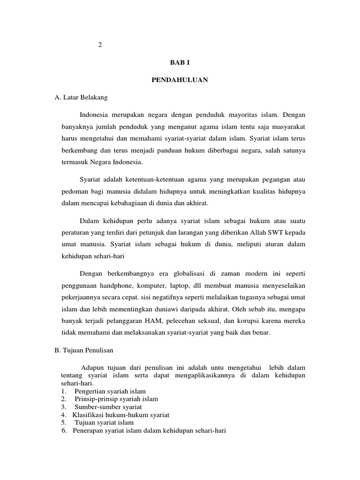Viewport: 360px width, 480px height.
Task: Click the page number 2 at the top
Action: [x=99, y=45]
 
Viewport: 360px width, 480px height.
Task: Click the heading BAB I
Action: [x=180, y=62]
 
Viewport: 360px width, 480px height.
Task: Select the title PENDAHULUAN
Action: [x=180, y=80]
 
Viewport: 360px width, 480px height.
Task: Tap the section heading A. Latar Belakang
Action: [x=81, y=97]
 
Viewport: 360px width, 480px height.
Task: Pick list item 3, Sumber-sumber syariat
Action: [x=105, y=407]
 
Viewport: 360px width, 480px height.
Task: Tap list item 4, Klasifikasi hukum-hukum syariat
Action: [x=121, y=415]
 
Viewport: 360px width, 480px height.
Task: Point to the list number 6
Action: [x=64, y=430]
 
